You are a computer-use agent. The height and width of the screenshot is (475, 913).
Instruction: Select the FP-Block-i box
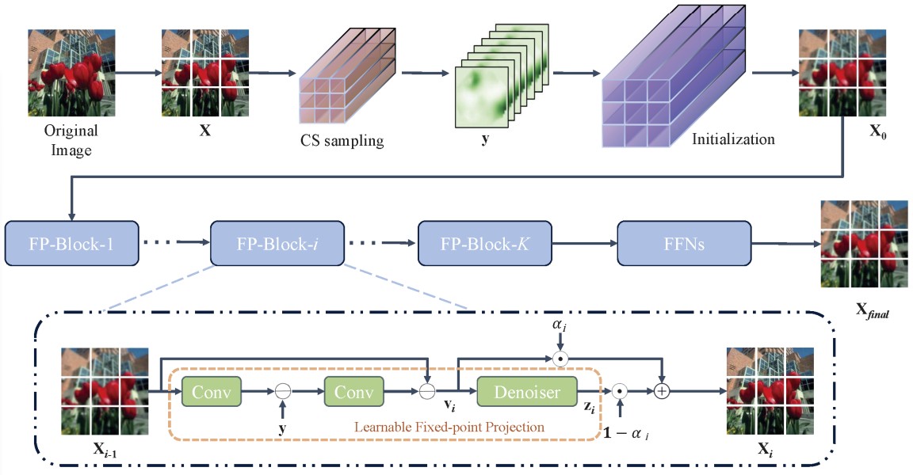click(277, 244)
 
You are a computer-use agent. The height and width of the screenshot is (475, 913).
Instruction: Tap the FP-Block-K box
click(483, 244)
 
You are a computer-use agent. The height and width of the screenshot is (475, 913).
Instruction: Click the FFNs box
click(683, 244)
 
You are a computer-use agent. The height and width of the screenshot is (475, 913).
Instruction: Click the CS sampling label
click(342, 142)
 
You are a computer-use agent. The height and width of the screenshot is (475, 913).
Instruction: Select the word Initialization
click(733, 140)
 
